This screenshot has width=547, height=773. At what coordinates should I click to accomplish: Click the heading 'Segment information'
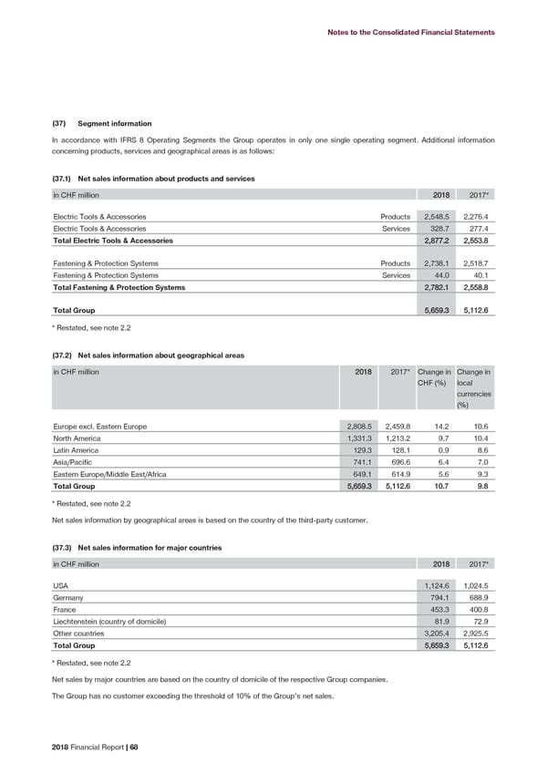pyautogui.click(x=115, y=124)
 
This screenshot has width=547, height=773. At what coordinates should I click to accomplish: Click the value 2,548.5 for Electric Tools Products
pyautogui.click(x=433, y=216)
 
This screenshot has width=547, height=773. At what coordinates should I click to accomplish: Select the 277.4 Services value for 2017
pyautogui.click(x=478, y=228)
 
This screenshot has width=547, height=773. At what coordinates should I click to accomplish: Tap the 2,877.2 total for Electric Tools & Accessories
pyautogui.click(x=433, y=241)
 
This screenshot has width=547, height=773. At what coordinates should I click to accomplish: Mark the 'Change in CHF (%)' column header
pyautogui.click(x=432, y=377)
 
